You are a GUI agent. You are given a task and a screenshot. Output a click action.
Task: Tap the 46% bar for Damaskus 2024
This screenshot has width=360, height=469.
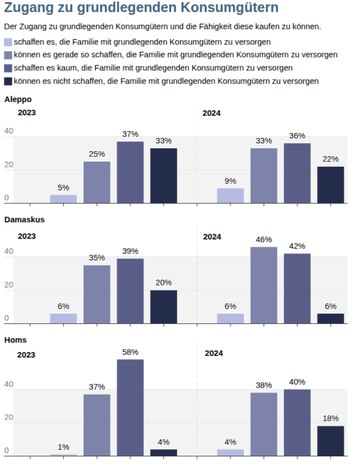click(264, 285)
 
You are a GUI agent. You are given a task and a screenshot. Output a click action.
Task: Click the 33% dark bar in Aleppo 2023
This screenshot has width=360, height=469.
click(163, 176)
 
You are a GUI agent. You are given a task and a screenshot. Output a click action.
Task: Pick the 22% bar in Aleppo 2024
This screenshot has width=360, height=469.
click(331, 185)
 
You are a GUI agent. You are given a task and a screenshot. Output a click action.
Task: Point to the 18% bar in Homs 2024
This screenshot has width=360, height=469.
click(331, 441)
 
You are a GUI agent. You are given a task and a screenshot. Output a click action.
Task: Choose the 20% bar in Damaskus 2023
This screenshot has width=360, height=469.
click(163, 307)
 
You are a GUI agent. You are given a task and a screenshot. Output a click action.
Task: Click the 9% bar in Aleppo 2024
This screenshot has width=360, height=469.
click(230, 195)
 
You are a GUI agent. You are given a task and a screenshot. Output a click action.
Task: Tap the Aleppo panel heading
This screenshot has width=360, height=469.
click(18, 99)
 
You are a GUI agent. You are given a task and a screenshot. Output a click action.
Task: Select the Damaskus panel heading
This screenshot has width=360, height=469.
click(24, 219)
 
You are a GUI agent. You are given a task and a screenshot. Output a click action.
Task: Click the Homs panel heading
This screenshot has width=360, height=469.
click(15, 339)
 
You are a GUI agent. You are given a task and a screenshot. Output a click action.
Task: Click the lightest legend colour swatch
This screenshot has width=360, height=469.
click(8, 42)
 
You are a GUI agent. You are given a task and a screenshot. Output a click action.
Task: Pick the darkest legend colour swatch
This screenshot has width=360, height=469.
click(8, 81)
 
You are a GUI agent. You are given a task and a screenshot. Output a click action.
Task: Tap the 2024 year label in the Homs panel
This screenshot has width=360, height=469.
click(214, 353)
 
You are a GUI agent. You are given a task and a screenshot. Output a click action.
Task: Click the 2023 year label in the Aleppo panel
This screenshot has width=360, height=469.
click(27, 113)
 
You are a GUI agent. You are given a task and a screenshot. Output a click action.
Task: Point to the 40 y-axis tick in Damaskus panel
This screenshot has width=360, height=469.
click(8, 251)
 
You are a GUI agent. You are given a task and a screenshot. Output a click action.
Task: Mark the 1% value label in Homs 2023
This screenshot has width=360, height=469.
click(64, 447)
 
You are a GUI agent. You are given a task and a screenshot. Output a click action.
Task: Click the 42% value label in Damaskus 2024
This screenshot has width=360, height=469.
click(297, 246)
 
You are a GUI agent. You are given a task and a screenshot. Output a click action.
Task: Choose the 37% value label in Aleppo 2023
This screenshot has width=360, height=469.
click(130, 134)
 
